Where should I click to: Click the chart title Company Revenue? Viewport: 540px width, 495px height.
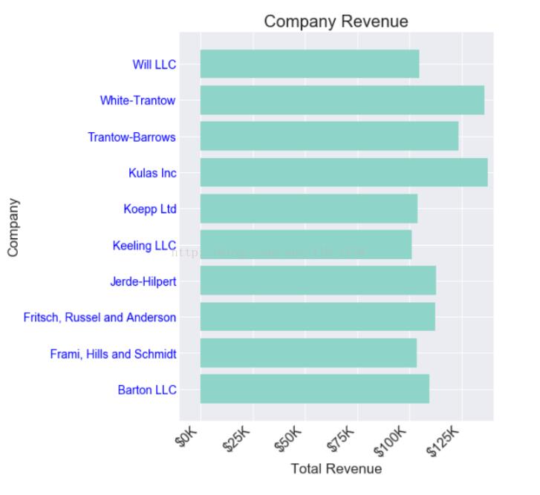(x=336, y=22)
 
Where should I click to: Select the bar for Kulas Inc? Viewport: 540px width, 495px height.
(x=343, y=172)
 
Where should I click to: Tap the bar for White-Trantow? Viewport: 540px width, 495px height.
(x=342, y=100)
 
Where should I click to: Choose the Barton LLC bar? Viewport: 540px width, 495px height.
(x=314, y=389)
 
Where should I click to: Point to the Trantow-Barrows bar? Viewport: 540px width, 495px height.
(x=329, y=137)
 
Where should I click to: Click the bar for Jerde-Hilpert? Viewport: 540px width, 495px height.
(x=317, y=281)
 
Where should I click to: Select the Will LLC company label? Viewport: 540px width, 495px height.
(x=154, y=65)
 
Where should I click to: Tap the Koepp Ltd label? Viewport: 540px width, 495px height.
(x=149, y=209)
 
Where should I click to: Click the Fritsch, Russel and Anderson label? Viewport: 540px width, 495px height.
(x=100, y=318)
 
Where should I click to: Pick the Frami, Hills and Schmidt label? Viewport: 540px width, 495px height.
(x=113, y=354)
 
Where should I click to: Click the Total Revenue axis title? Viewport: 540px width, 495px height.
(x=336, y=469)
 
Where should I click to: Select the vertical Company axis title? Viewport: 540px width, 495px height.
(x=13, y=227)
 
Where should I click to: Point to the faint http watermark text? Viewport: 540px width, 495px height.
(x=267, y=252)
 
